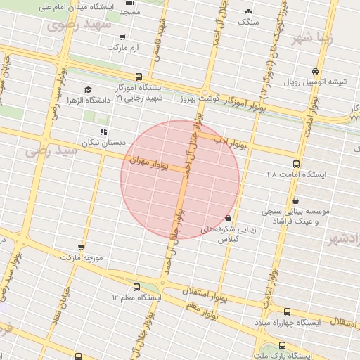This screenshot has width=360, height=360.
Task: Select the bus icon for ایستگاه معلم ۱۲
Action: [136, 287]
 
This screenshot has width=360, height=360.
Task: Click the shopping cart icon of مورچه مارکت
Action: [82, 247]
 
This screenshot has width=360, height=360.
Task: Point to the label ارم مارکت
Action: [124, 47]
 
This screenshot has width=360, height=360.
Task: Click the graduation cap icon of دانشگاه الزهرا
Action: [88, 89]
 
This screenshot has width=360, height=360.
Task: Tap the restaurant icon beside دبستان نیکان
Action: [103, 131]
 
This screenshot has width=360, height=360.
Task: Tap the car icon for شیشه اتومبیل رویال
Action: [316, 71]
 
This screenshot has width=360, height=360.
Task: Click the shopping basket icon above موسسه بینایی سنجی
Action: [295, 200]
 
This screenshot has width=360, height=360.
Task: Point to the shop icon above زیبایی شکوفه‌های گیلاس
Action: [228, 218]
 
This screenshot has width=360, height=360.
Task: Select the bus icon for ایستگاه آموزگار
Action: [138, 77]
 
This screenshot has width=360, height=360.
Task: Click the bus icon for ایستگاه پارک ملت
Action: [282, 346]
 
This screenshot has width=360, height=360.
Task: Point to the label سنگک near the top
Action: [248, 22]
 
